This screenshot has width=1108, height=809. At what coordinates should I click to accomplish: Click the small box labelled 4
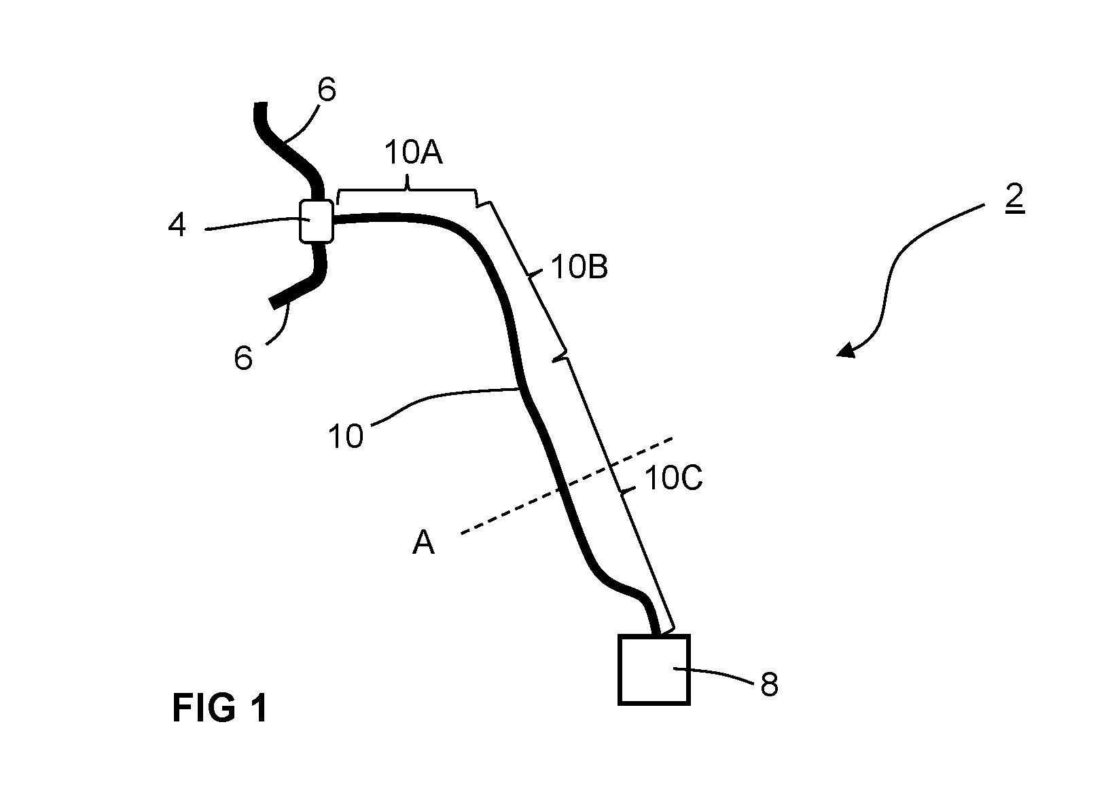coord(317,221)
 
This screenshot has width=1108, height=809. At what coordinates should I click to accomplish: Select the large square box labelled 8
coord(654,670)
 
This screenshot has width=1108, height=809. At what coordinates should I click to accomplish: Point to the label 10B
coord(579,267)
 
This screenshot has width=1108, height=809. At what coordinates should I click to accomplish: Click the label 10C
coord(674,478)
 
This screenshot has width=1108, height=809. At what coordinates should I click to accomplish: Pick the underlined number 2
coord(1014,197)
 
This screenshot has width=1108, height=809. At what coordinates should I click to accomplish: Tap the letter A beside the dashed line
coord(423,542)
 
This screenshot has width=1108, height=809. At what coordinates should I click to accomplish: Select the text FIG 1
coord(220,708)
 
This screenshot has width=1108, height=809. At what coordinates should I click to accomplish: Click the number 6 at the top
coord(327,90)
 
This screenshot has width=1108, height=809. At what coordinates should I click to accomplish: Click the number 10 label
coord(346,436)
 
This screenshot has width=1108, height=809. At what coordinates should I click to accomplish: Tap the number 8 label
coord(769,685)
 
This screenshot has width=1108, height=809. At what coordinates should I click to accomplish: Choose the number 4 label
coord(177,225)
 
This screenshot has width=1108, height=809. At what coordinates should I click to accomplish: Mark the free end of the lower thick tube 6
coord(272,304)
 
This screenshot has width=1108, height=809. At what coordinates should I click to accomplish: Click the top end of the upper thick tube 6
coord(261,103)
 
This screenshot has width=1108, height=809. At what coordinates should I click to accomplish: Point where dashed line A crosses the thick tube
coord(560,489)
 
